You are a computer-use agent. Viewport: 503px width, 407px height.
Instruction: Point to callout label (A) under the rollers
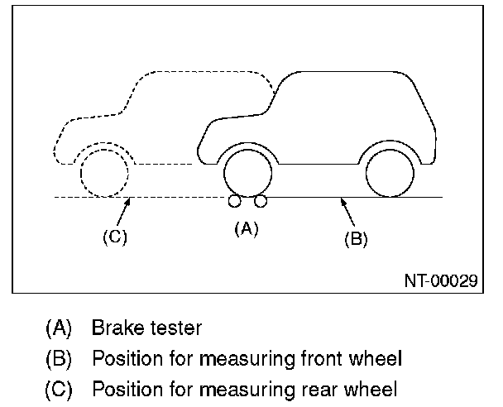247,229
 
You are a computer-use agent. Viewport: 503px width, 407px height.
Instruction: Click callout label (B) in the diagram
356,239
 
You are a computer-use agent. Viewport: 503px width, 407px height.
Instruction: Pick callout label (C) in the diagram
115,237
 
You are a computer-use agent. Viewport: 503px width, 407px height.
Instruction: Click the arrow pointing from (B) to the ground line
347,213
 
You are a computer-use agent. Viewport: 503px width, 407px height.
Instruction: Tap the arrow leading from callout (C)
123,212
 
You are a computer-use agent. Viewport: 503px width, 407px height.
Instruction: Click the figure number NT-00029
441,280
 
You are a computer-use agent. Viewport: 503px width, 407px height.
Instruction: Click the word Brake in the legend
117,328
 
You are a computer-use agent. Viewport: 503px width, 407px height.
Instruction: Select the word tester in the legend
176,328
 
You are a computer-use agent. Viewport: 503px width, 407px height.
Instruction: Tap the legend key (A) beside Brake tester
59,328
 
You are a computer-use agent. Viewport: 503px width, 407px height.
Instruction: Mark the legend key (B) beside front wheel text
59,359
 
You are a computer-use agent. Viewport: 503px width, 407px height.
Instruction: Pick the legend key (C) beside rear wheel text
59,390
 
